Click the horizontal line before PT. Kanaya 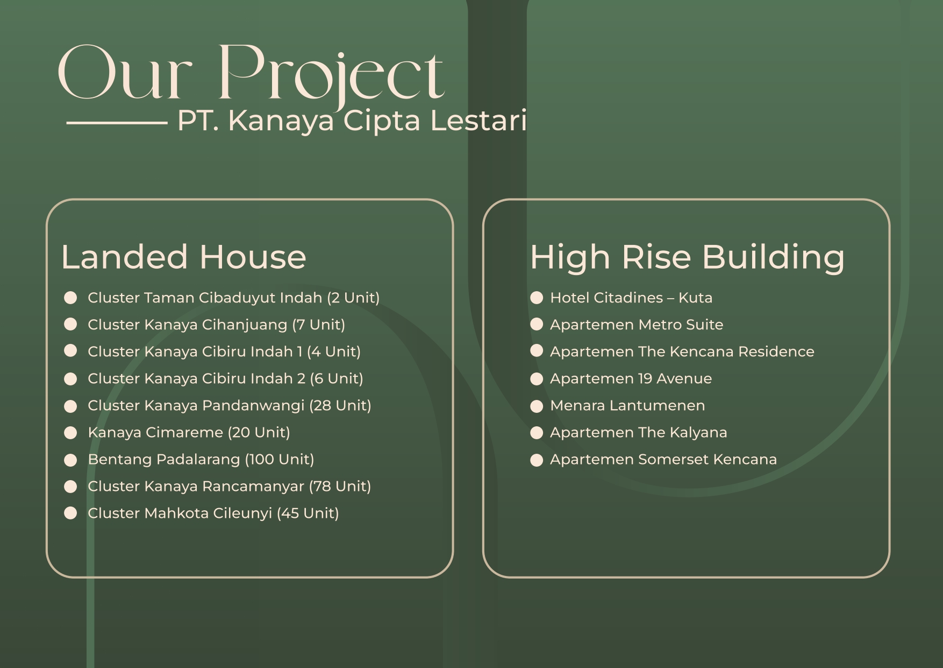pos(117,123)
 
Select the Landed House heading pos(183,257)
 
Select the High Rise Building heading pos(687,257)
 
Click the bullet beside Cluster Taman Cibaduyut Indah pos(70,298)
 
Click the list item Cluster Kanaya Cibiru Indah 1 pos(224,351)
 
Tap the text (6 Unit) pos(336,378)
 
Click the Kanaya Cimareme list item pos(189,432)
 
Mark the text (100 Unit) pos(279,459)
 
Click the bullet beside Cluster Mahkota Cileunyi pos(70,514)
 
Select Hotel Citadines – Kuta pos(631,298)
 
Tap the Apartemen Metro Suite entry pos(637,325)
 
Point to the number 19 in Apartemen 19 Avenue pos(645,378)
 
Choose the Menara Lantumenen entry pos(627,405)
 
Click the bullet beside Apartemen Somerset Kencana pos(537,460)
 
